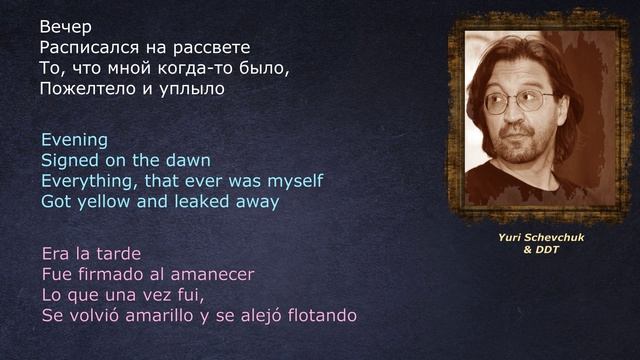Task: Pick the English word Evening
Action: coord(74,139)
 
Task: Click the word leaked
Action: coord(200,201)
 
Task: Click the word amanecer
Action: coord(211,273)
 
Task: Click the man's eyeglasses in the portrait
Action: coord(520,100)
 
